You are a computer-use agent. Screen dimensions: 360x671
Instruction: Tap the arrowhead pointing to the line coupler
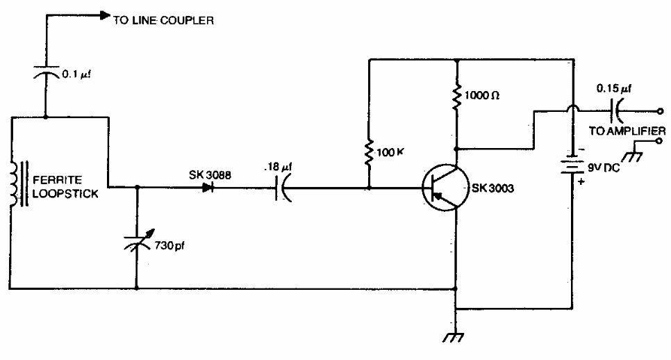click(105, 14)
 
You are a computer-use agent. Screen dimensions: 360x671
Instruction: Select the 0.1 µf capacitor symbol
click(46, 72)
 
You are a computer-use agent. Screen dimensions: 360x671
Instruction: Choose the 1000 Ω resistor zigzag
click(457, 97)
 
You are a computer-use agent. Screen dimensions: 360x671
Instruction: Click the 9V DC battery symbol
click(572, 167)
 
